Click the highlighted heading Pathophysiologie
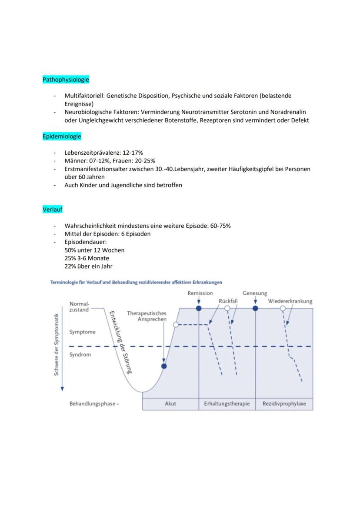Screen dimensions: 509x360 click(x=66, y=80)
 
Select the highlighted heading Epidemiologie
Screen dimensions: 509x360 click(x=62, y=136)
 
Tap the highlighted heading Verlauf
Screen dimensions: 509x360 click(x=53, y=210)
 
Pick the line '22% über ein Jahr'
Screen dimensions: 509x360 click(x=89, y=266)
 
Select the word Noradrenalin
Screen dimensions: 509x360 click(x=288, y=112)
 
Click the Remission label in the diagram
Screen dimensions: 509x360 click(x=200, y=293)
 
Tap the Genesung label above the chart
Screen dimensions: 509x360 click(x=255, y=293)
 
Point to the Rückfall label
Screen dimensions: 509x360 click(x=228, y=301)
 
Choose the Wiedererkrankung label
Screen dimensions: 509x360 click(x=290, y=301)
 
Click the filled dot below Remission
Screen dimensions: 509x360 click(x=199, y=308)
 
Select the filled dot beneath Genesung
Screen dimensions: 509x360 click(x=255, y=308)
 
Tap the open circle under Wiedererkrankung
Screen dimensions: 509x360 click(x=283, y=308)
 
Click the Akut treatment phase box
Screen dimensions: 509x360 click(x=170, y=404)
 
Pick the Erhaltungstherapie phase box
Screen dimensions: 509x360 click(x=227, y=404)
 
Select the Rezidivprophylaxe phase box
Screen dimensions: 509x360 click(x=284, y=404)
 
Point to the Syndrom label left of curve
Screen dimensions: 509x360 click(x=80, y=355)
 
